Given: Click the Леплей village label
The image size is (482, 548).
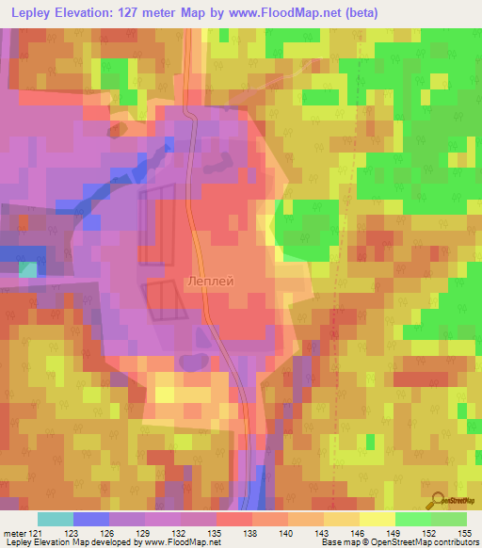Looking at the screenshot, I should coord(210,281).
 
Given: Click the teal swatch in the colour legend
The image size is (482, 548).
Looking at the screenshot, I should coord(56,520).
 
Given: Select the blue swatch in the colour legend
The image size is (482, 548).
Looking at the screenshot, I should coord(91,520).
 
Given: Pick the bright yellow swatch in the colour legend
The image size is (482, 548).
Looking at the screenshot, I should coord(377,520).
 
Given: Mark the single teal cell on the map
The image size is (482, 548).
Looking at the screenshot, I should coord(29,270).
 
